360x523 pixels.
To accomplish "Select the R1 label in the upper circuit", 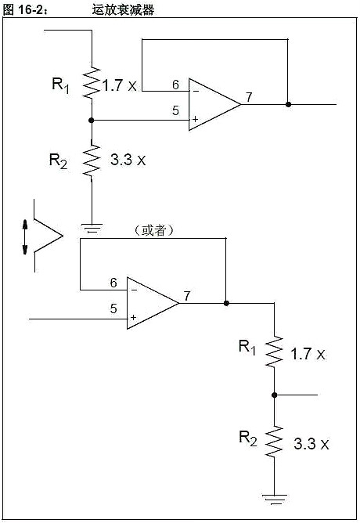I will [x=61, y=85].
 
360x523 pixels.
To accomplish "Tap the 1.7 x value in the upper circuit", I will [x=119, y=85].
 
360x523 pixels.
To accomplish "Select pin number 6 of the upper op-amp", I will [x=175, y=85].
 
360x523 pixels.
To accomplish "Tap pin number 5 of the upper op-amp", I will [x=175, y=110].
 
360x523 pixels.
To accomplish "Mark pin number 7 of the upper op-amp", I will [x=248, y=97].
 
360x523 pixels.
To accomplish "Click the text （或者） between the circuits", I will [x=154, y=230].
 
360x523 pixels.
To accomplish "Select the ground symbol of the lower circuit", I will [x=275, y=495].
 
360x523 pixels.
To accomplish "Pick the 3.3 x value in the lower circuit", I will [x=311, y=444].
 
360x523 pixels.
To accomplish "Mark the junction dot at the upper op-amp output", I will [x=289, y=104].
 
